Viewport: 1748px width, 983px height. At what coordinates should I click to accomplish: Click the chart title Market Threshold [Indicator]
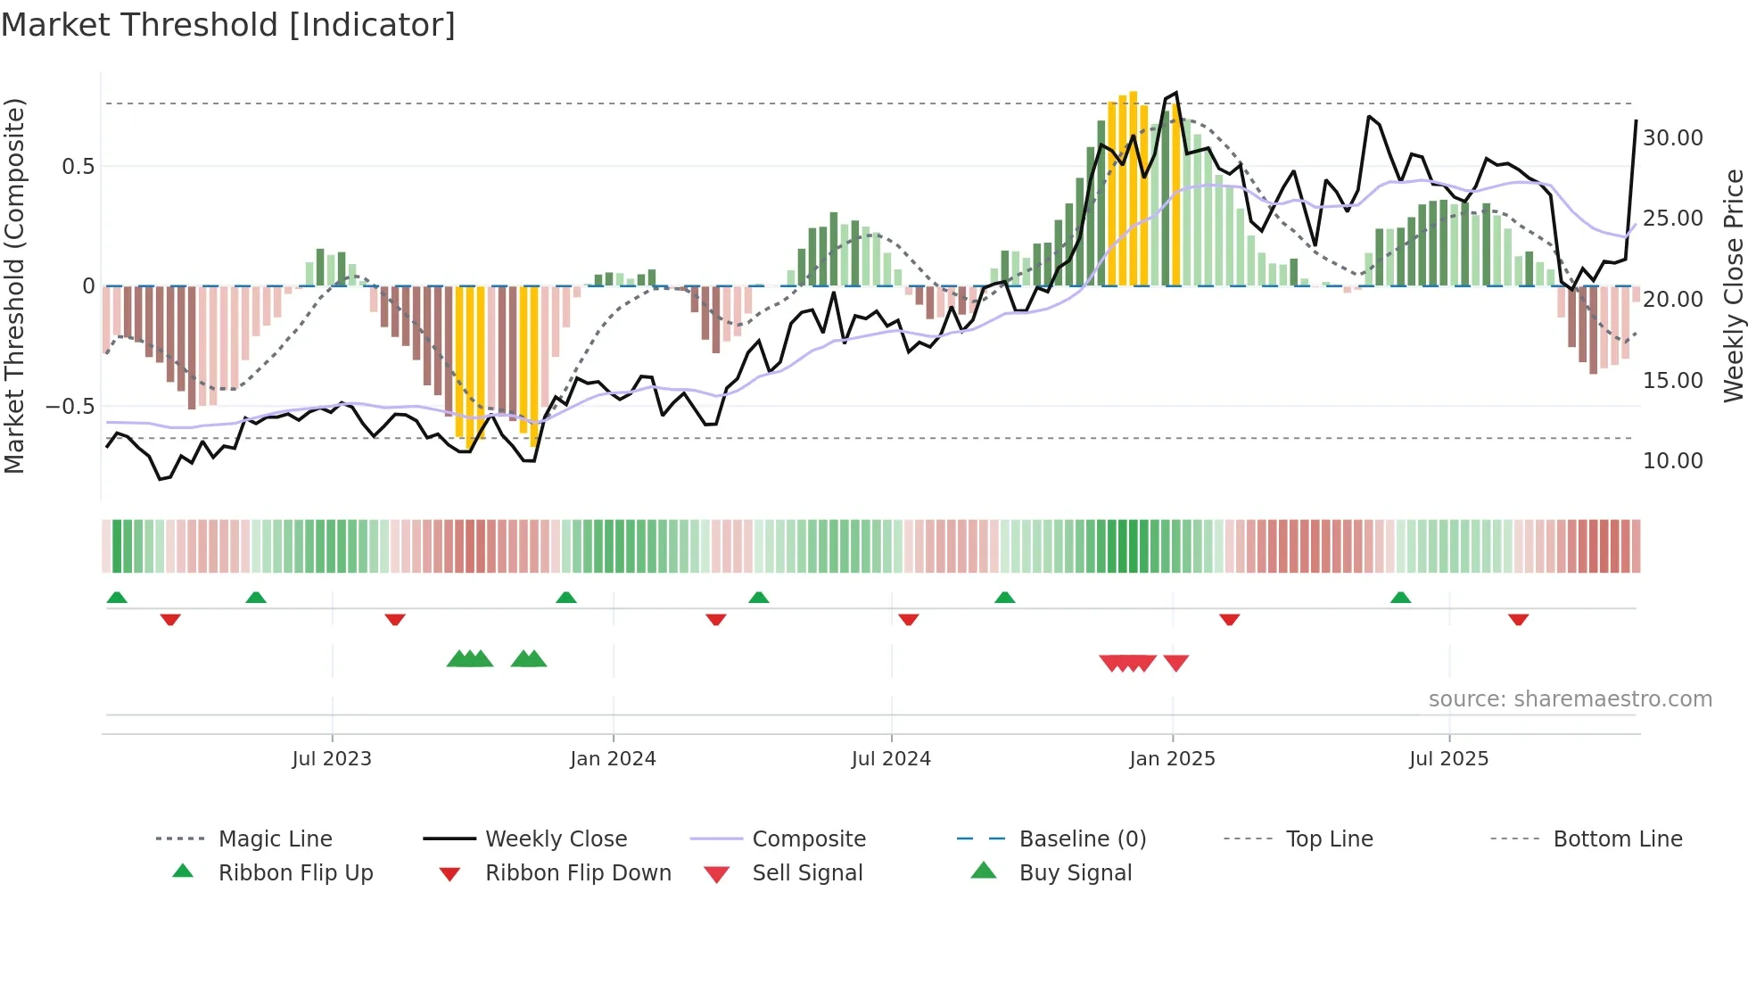click(228, 25)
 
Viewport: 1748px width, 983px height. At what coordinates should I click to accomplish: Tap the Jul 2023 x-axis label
click(332, 759)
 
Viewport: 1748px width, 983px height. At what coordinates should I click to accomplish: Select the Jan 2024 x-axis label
click(613, 759)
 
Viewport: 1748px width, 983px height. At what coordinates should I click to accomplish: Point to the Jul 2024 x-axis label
click(891, 759)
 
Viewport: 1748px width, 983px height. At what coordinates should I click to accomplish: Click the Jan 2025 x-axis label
click(1172, 759)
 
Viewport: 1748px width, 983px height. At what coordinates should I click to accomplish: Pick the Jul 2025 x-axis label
click(1449, 759)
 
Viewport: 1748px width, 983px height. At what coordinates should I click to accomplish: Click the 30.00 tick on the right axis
click(1673, 138)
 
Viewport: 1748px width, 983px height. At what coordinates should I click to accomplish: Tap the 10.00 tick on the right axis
click(1673, 461)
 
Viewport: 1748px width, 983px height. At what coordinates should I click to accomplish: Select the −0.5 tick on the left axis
click(70, 407)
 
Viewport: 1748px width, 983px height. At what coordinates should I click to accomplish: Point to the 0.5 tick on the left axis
click(78, 167)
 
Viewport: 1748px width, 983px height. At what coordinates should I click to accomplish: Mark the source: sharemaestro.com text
click(1570, 699)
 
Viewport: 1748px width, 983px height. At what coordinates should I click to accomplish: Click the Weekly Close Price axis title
click(1733, 285)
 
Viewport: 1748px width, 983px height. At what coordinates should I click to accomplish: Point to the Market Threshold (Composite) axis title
click(14, 285)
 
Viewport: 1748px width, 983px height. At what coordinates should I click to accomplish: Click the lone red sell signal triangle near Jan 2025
click(1176, 663)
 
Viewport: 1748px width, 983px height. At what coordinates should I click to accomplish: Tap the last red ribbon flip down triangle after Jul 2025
click(1519, 619)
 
